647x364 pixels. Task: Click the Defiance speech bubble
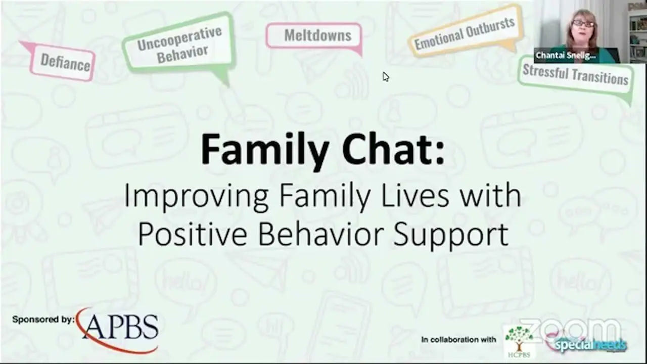64,63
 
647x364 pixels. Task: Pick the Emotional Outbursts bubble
465,33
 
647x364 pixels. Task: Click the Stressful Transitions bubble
575,75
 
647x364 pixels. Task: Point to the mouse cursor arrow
385,76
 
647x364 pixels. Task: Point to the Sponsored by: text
43,320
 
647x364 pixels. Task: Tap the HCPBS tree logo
518,340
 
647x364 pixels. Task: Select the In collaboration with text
459,340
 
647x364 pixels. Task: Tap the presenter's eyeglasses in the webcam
583,24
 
